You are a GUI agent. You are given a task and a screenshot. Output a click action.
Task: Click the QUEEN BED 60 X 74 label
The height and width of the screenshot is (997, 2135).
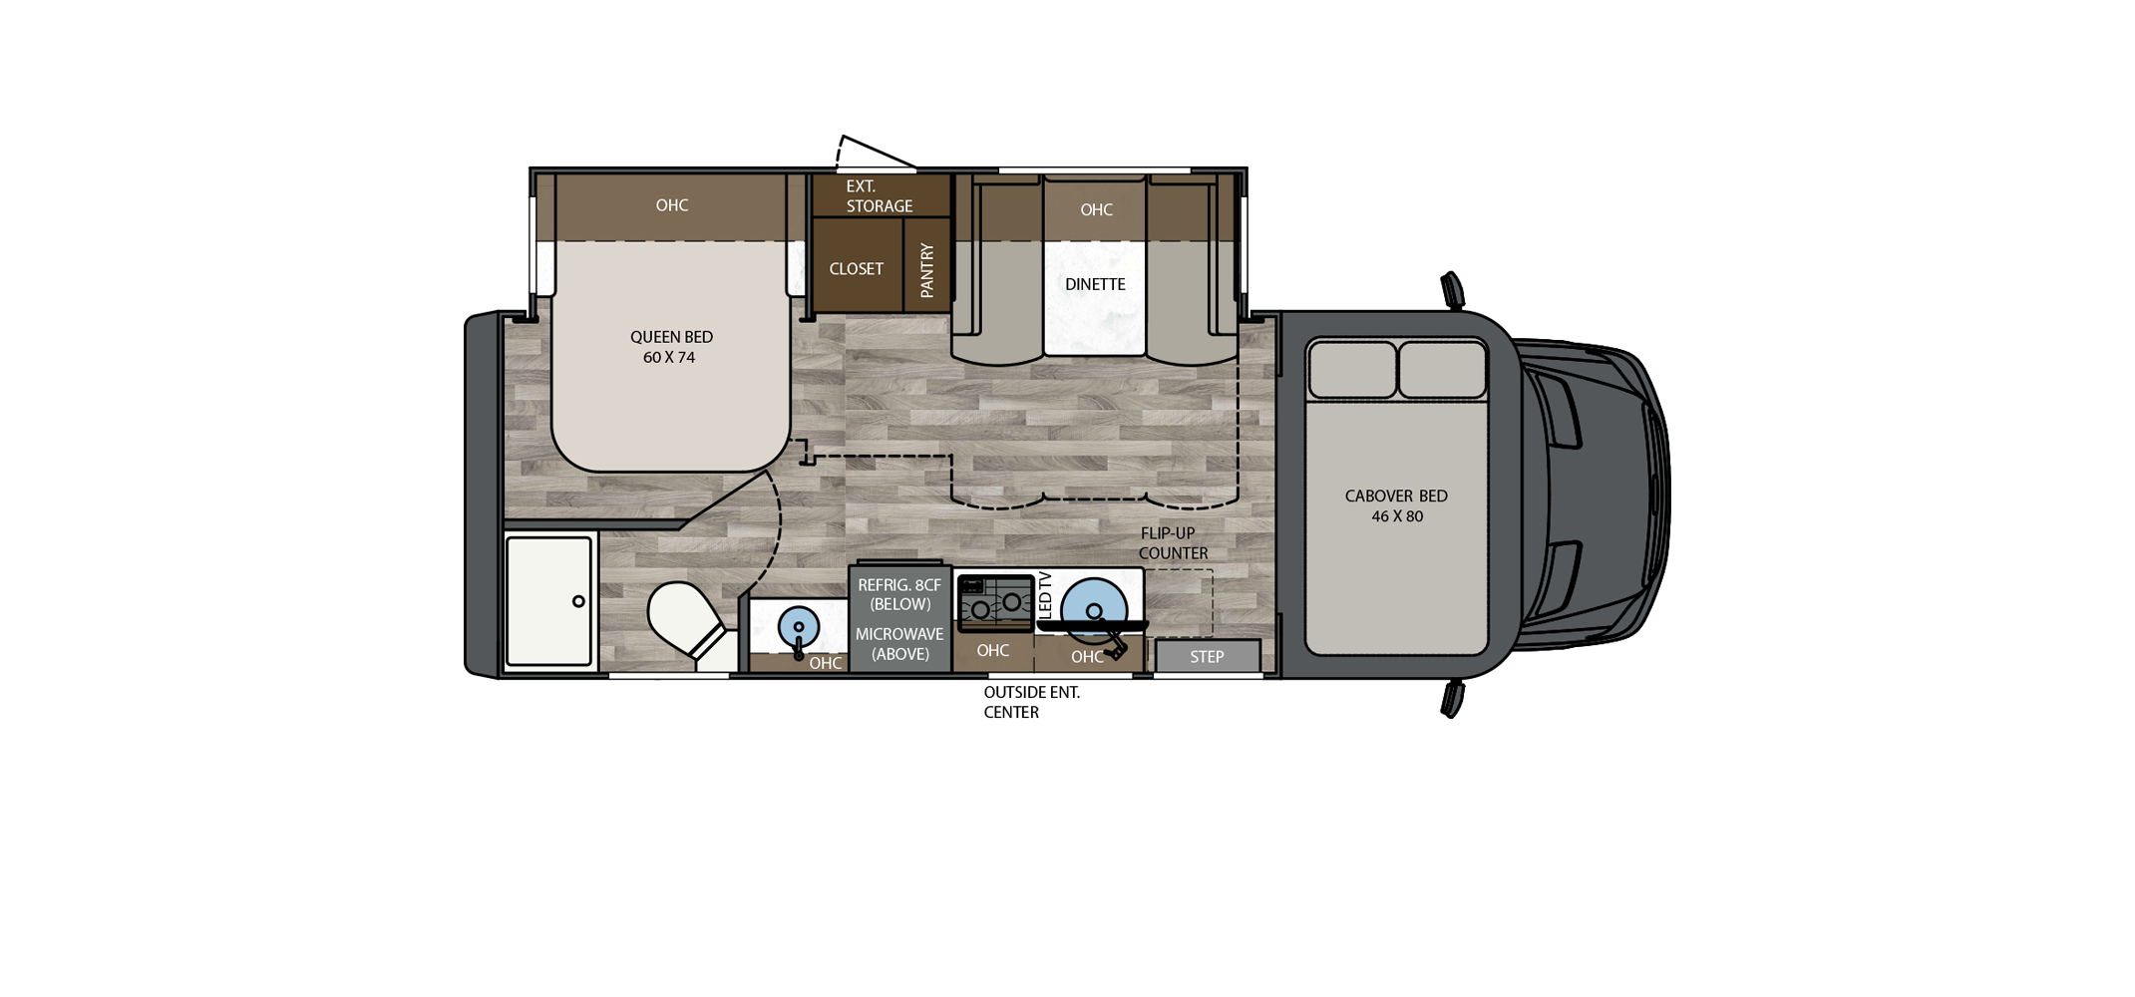click(671, 347)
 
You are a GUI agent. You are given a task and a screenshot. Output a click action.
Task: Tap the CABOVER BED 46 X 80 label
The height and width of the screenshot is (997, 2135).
click(1396, 505)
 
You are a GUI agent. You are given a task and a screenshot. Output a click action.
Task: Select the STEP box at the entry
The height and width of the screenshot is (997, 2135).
click(1207, 656)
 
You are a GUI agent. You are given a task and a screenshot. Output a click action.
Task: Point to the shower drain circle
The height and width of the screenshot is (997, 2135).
click(578, 601)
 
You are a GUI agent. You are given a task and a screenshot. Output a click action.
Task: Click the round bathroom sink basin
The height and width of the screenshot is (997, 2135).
click(798, 627)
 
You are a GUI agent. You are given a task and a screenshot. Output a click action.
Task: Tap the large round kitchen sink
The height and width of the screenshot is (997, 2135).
click(1094, 609)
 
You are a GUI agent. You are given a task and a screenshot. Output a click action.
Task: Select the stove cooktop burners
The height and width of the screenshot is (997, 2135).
click(996, 603)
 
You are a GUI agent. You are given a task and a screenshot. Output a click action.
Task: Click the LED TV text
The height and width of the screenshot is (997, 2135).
click(1045, 595)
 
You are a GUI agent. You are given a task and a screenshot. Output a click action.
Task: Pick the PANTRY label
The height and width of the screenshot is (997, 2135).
click(927, 269)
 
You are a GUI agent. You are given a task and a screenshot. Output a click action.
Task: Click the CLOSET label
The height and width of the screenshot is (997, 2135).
click(856, 269)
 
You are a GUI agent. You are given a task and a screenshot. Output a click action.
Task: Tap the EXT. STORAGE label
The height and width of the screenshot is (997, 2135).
click(879, 196)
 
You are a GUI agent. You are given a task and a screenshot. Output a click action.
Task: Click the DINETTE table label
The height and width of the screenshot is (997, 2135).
click(1095, 284)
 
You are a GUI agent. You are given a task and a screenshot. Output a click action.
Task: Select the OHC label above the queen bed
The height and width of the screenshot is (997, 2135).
click(671, 205)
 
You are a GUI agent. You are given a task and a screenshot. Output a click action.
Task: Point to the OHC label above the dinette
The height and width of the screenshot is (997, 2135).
click(1096, 209)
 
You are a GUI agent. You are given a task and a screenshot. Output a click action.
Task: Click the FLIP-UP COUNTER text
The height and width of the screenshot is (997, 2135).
click(1173, 543)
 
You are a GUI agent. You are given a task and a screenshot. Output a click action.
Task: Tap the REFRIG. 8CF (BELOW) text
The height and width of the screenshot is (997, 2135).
click(899, 594)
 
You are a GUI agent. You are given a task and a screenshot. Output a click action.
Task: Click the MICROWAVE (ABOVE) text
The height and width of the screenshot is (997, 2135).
click(899, 644)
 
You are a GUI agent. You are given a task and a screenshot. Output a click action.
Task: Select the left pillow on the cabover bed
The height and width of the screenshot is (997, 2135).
click(1352, 370)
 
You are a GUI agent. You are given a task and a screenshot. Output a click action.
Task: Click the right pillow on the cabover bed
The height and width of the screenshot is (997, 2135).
click(1442, 370)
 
